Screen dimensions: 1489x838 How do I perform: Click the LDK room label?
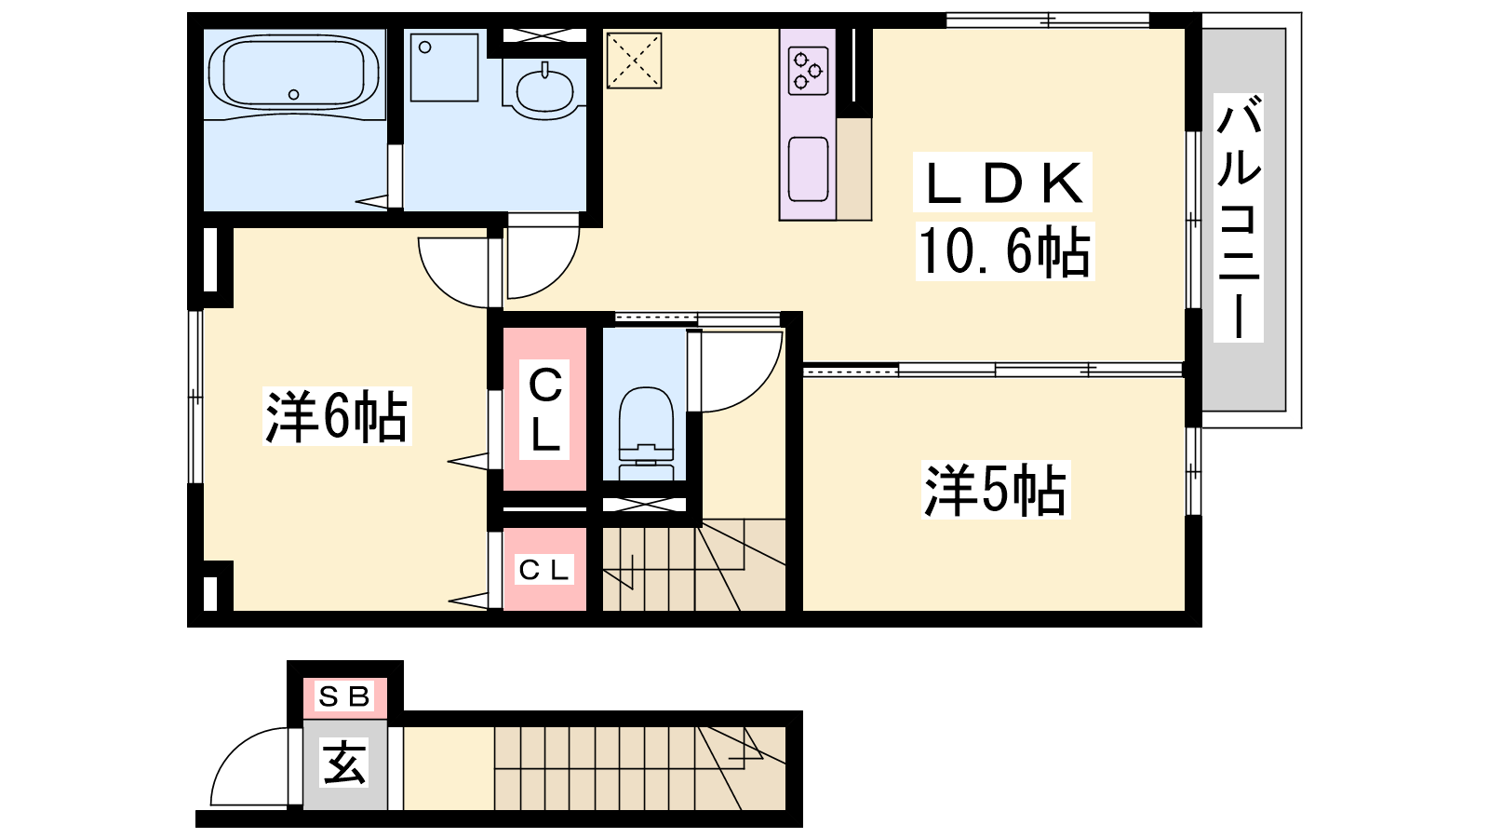pos(1003,183)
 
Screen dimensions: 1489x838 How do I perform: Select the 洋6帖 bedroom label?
pos(336,416)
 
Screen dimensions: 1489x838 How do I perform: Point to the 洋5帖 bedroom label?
pos(995,490)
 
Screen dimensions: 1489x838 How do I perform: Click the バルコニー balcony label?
pos(1239,218)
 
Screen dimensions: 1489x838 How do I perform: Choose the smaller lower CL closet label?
pos(543,570)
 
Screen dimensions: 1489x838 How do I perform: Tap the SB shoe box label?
pos(343,696)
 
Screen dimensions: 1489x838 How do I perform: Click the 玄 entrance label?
pos(344,763)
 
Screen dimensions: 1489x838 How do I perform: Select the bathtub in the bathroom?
pos(294,74)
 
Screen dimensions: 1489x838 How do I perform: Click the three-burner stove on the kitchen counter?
pos(809,70)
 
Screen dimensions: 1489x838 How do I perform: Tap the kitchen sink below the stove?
pos(809,169)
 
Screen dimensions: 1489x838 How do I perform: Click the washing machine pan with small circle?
pos(444,67)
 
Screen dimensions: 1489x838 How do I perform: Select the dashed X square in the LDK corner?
pos(634,61)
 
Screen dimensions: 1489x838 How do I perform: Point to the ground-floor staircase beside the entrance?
pos(639,768)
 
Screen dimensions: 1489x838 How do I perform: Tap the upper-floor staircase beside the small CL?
pos(694,564)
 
